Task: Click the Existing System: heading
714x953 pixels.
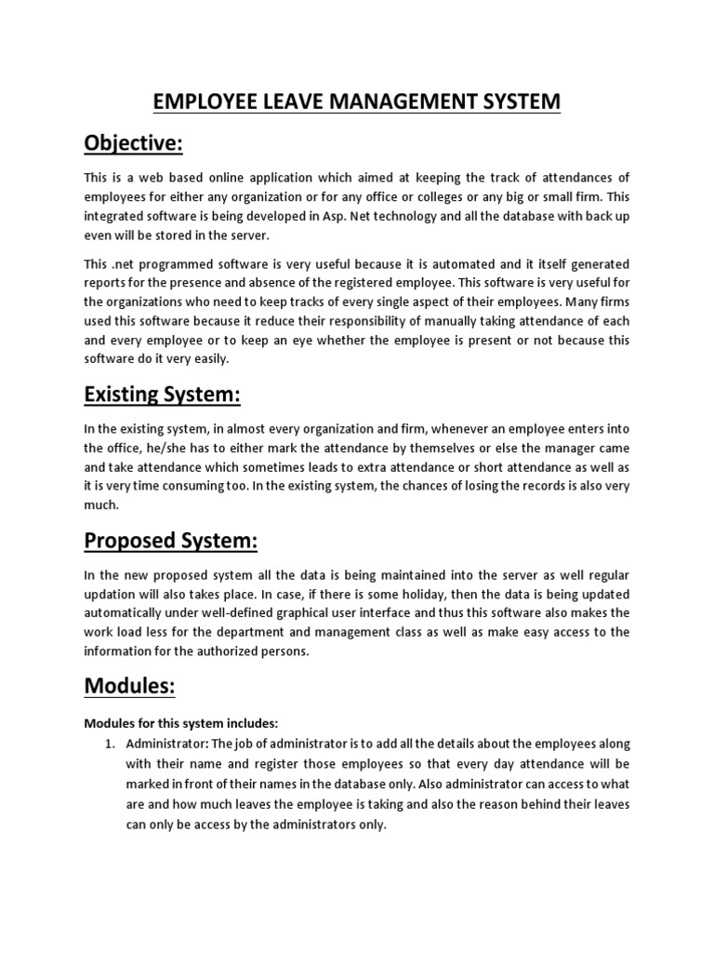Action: coord(162,395)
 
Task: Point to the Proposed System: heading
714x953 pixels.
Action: coord(170,541)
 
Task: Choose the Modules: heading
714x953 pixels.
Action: coord(130,686)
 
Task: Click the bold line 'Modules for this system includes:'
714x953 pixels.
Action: coord(181,723)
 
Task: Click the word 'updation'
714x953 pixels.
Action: coord(112,595)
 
